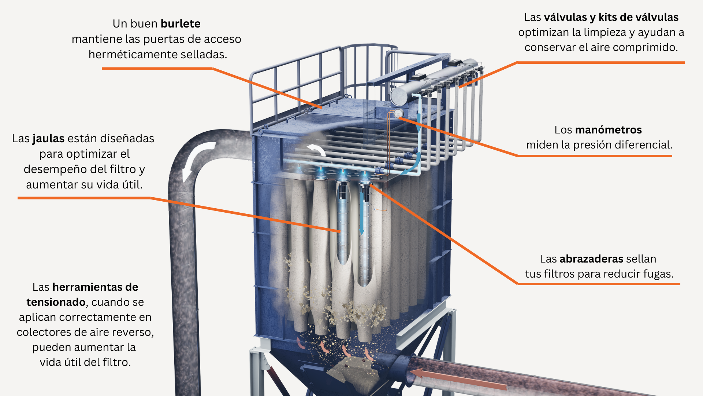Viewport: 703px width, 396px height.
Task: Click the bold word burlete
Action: pos(181,24)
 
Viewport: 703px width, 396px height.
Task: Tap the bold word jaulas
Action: pos(48,139)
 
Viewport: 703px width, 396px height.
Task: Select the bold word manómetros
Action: pos(608,130)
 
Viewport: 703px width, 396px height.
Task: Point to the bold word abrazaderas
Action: pos(591,259)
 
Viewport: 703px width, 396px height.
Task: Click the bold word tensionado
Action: pos(56,302)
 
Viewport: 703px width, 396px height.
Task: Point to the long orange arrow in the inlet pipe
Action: pos(458,379)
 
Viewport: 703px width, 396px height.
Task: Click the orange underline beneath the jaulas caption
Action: pos(84,198)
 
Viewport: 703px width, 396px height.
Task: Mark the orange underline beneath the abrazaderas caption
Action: pos(599,284)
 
